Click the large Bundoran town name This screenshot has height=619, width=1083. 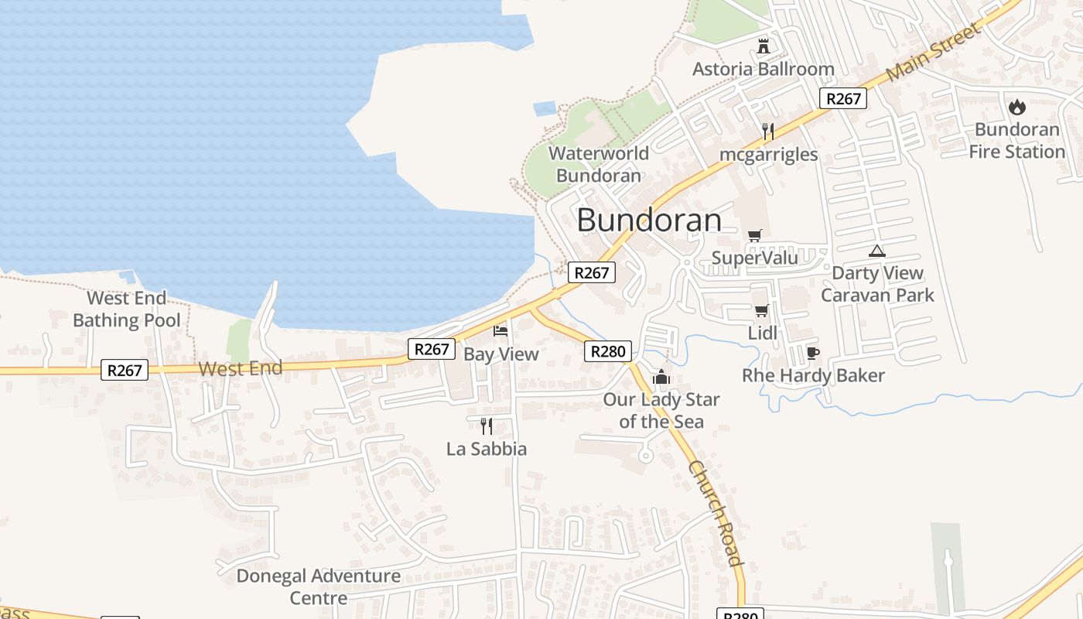649,221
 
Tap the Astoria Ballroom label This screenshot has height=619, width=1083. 763,69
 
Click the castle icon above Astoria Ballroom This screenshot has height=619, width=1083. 764,46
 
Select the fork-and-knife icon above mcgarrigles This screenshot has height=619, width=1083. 767,131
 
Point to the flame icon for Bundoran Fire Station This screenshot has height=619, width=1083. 1016,108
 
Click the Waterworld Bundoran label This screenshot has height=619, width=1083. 599,164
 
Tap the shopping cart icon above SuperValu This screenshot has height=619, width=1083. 754,235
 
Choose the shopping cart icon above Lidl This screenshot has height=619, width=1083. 761,311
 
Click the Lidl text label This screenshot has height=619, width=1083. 762,333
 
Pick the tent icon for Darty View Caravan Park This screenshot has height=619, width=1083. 876,251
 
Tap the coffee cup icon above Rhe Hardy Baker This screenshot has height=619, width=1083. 812,353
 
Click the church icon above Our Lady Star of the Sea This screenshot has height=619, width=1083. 661,378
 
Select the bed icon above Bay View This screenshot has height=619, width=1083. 501,331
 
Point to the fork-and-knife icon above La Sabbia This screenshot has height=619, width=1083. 487,426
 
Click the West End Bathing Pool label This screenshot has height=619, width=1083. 126,309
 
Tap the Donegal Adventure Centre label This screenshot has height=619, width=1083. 318,587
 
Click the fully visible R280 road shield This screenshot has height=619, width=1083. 607,351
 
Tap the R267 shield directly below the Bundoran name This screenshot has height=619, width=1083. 592,272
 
